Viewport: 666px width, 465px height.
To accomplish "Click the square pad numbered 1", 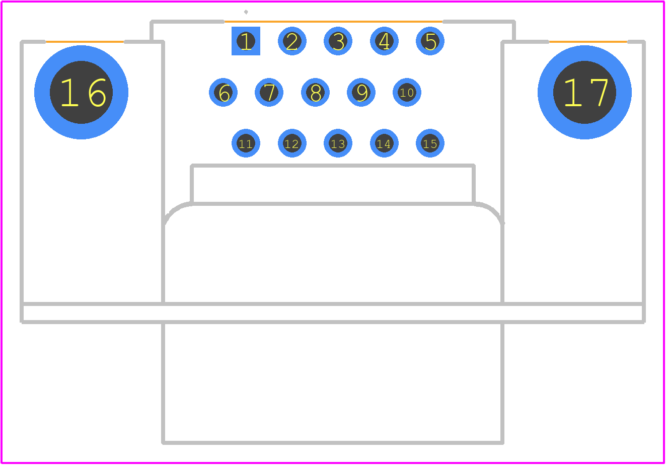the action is (246, 41).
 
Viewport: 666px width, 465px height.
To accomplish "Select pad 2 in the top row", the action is (292, 41).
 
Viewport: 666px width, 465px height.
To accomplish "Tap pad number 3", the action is (338, 41).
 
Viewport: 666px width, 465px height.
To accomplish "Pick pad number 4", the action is (384, 41).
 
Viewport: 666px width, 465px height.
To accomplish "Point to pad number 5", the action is (430, 41).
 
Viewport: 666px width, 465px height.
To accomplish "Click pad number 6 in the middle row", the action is (224, 92).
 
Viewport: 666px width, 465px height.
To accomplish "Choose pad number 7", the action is (269, 92).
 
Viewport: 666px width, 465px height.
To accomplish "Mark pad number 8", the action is (315, 92).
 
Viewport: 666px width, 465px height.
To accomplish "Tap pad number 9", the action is (361, 92).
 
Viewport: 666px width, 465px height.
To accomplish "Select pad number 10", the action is (407, 92).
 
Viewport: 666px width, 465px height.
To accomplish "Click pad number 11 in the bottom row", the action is (246, 143).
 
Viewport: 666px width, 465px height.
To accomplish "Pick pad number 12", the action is (292, 143).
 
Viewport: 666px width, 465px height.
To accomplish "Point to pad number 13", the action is (338, 143).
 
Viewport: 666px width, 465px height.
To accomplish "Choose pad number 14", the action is (384, 143).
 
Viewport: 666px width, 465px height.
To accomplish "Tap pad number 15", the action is (430, 143).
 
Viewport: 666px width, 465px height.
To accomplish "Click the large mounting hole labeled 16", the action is (81, 92).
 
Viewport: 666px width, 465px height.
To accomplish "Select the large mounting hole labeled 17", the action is (584, 92).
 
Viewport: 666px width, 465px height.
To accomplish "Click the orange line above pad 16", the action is (85, 42).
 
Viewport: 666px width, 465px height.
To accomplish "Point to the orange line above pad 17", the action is (588, 42).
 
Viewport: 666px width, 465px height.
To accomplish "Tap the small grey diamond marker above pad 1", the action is (246, 12).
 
